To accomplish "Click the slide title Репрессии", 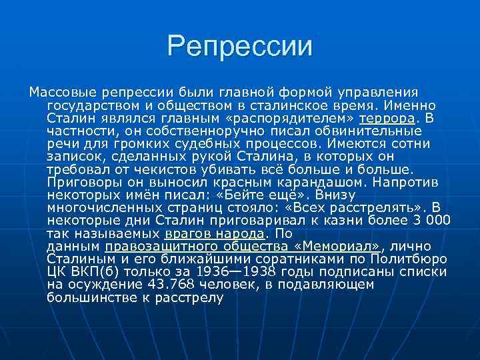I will coord(239,46).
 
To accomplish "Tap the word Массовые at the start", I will coord(59,91).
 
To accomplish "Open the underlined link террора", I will coord(381,119).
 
